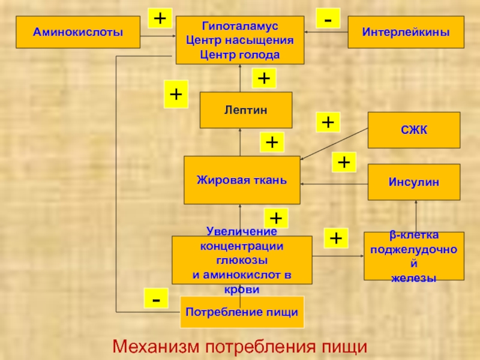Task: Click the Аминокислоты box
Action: pyautogui.click(x=78, y=32)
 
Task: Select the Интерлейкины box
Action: pyautogui.click(x=406, y=32)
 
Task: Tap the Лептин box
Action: pyautogui.click(x=246, y=110)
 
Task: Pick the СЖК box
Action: pyautogui.click(x=414, y=130)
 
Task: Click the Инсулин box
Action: pyautogui.click(x=414, y=182)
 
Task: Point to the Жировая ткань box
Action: pyautogui.click(x=242, y=180)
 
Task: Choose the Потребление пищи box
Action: pyautogui.click(x=242, y=312)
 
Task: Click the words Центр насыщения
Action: pyautogui.click(x=239, y=40)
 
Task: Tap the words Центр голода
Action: pyautogui.click(x=239, y=55)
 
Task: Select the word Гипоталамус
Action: pyautogui.click(x=239, y=26)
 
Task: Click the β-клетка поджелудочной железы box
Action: pyautogui.click(x=414, y=256)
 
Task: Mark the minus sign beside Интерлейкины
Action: pyautogui.click(x=328, y=19)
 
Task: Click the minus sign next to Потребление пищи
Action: pyautogui.click(x=156, y=298)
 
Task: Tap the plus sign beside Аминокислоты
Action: pyautogui.click(x=160, y=19)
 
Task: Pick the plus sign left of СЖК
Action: pyautogui.click(x=328, y=122)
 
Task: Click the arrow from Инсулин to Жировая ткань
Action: pyautogui.click(x=334, y=184)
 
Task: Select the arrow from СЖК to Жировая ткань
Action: pyautogui.click(x=334, y=144)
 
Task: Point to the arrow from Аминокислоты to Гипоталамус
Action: pyautogui.click(x=158, y=36)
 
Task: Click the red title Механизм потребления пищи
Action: pyautogui.click(x=239, y=347)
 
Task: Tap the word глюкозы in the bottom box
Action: pyautogui.click(x=242, y=260)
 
